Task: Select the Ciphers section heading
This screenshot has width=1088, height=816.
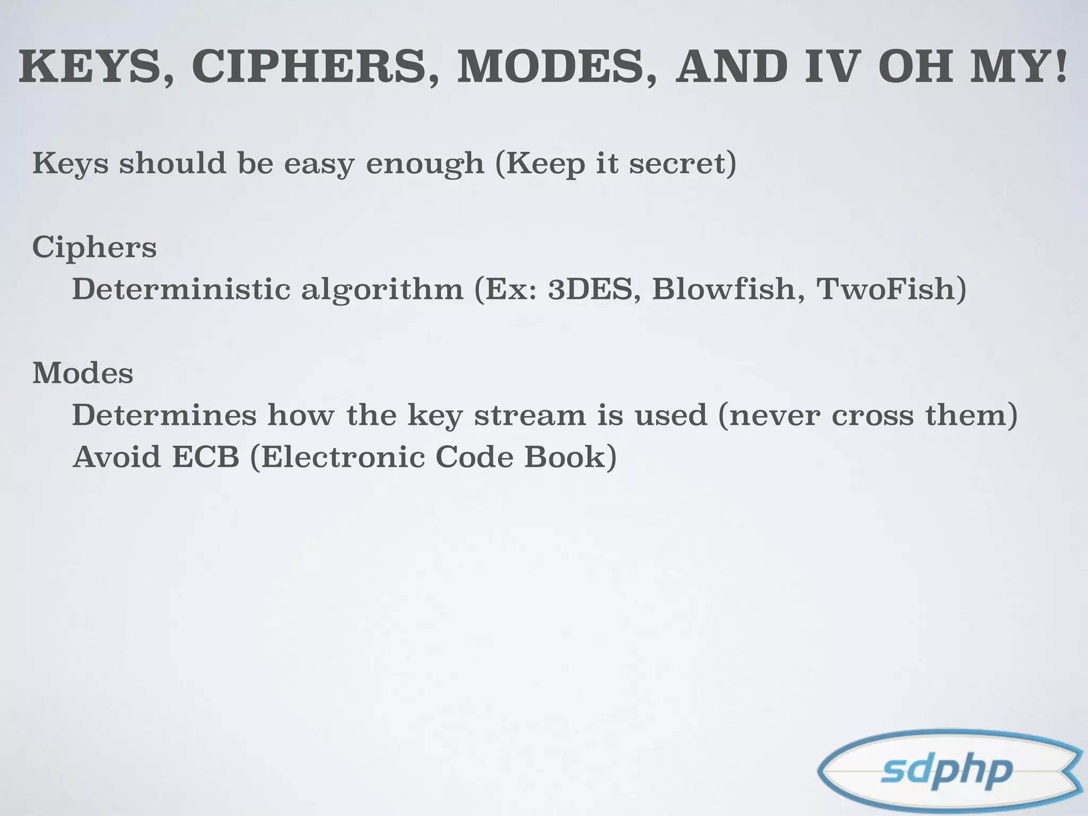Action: point(95,248)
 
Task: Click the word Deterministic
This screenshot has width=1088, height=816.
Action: point(181,289)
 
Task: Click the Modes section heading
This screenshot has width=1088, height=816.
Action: point(83,373)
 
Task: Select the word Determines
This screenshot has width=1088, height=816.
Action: point(164,415)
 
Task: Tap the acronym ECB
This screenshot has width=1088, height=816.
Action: point(206,457)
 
